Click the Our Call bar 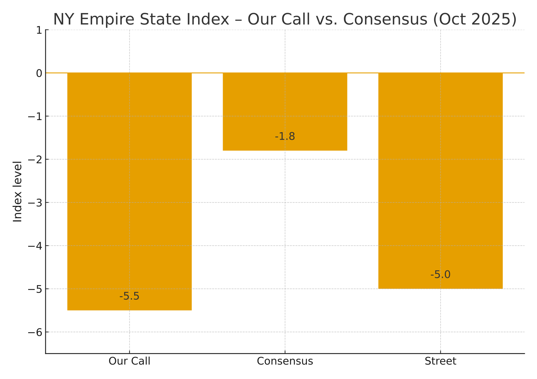[x=129, y=191]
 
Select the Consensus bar [x=285, y=111]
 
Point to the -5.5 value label [x=129, y=296]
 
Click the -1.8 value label [x=285, y=136]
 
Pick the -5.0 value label [x=440, y=275]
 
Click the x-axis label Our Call [x=129, y=361]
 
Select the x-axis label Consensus [x=285, y=361]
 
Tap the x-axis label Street [x=440, y=361]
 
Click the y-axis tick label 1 [x=39, y=30]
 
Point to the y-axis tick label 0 [x=39, y=73]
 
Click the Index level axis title [x=18, y=191]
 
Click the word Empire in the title [x=104, y=19]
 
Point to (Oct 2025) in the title [x=475, y=19]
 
